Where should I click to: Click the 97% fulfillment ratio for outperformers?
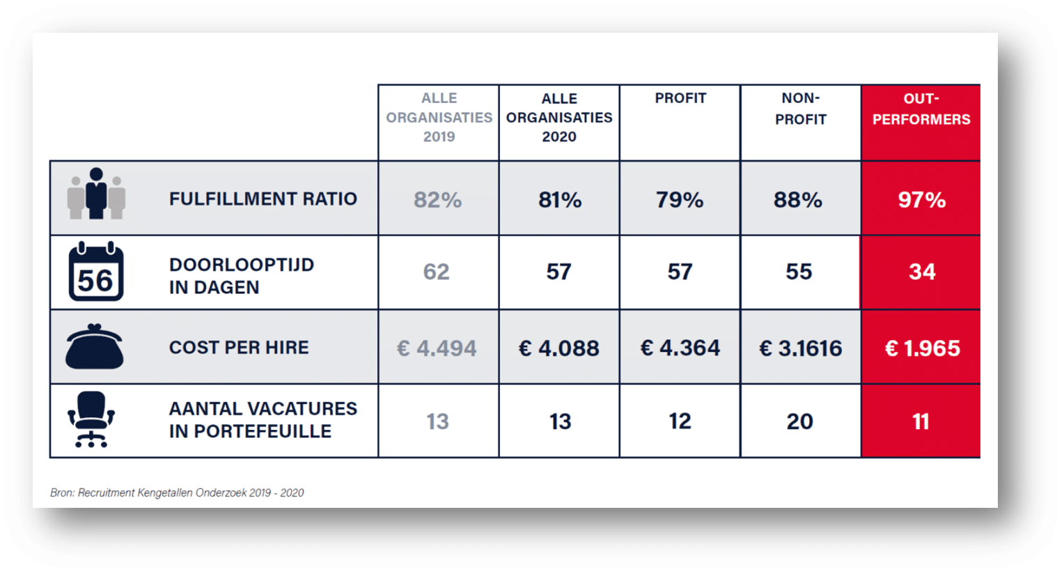click(921, 199)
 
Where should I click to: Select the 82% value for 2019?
click(437, 199)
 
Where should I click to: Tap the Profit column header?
click(680, 98)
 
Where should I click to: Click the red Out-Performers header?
click(921, 109)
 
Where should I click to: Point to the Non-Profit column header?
click(800, 109)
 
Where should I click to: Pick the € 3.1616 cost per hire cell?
click(800, 348)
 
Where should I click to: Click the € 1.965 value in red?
click(922, 348)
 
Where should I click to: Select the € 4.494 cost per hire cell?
click(437, 348)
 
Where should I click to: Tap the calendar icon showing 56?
click(96, 271)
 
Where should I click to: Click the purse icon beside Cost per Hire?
click(95, 346)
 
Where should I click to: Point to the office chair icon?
click(91, 419)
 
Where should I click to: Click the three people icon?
click(96, 194)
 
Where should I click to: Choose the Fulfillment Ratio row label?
click(263, 199)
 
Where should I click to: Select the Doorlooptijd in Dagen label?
click(242, 276)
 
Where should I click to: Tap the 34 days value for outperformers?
click(922, 272)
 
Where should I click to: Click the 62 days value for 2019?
click(436, 272)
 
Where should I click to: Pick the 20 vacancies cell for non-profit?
click(800, 421)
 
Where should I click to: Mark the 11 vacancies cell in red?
click(921, 421)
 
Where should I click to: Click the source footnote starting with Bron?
click(177, 492)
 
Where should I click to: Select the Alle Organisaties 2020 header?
click(559, 117)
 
